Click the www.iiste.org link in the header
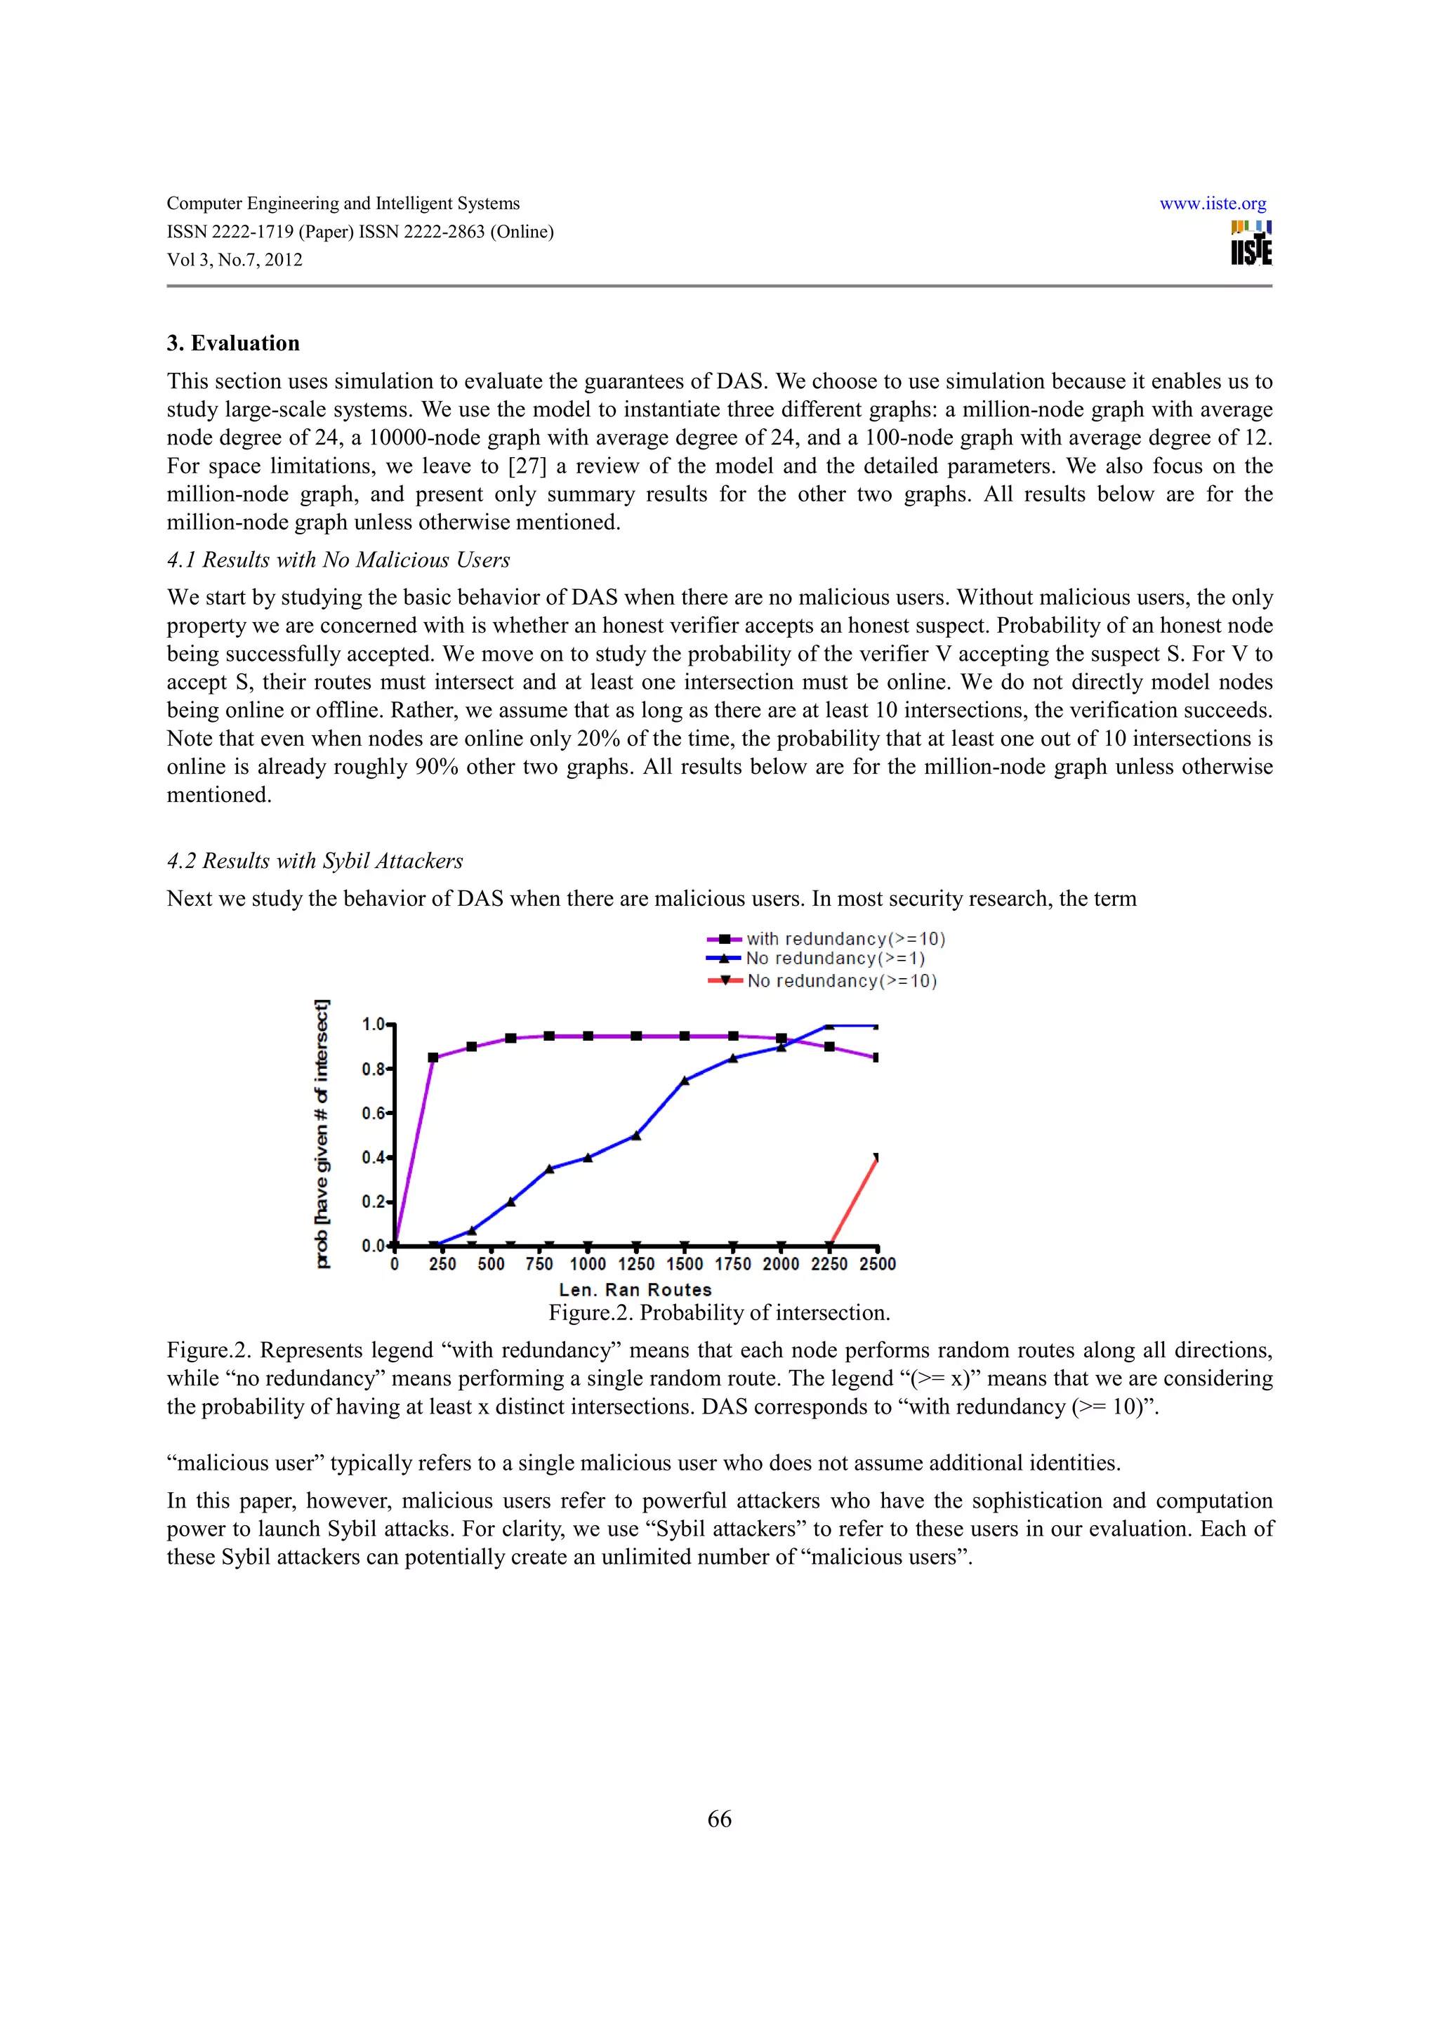pos(1212,204)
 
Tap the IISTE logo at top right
pos(1250,244)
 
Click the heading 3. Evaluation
pos(233,343)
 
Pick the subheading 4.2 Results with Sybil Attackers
pos(315,861)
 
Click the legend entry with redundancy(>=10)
pos(845,939)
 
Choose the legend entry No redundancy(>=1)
pos(835,958)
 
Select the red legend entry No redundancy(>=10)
pos(842,980)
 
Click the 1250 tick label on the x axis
pos(636,1264)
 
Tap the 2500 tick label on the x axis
pos(877,1264)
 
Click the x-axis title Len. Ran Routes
pos(635,1289)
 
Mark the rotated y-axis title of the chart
pos(322,1135)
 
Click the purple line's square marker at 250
pos(433,1058)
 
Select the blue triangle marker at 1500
pos(684,1081)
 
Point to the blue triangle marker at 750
pos(549,1168)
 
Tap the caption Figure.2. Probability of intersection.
pos(718,1312)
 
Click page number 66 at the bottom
pos(718,1819)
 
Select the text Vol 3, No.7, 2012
pos(235,260)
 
